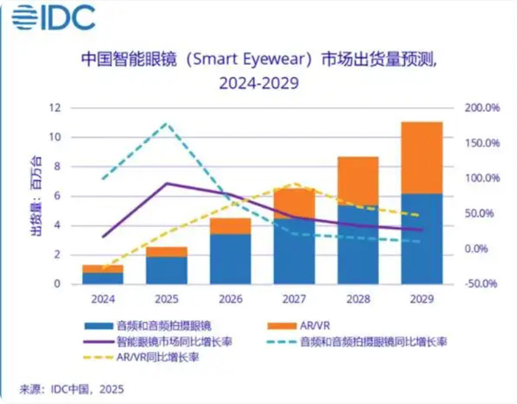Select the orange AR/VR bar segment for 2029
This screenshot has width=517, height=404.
[422, 157]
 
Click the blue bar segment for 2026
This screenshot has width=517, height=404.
[231, 259]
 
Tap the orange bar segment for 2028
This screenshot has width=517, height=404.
[358, 181]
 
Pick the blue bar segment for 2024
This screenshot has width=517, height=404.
[103, 278]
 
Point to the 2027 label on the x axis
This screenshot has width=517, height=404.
[294, 300]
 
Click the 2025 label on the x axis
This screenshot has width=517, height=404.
[167, 300]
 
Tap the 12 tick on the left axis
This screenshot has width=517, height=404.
[54, 108]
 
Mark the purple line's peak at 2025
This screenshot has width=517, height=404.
[167, 183]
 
